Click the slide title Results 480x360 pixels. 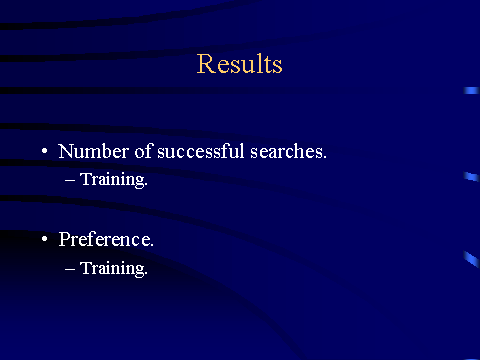[x=239, y=63]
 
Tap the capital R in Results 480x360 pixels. [x=205, y=63]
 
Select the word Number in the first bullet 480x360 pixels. [x=93, y=151]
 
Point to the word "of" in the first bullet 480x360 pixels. [x=144, y=151]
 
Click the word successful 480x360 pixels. [x=201, y=151]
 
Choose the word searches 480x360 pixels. [x=288, y=151]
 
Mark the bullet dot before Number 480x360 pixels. [x=45, y=151]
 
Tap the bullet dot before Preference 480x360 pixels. [x=45, y=239]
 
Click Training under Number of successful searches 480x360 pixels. [x=114, y=180]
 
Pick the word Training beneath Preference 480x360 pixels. [x=114, y=268]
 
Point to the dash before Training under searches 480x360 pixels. [x=70, y=181]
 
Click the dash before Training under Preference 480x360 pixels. [x=70, y=269]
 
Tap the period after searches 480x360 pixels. [x=324, y=157]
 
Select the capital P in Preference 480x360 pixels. [x=65, y=239]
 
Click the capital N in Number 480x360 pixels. [x=66, y=151]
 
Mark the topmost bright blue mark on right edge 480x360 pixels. [x=471, y=90]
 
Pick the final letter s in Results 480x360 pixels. [x=277, y=65]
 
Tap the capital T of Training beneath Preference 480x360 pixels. [x=86, y=267]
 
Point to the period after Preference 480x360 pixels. [x=151, y=245]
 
